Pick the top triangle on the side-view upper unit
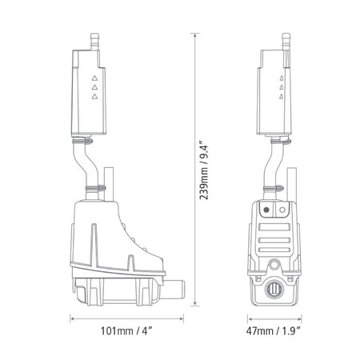point(94,78)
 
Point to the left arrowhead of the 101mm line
point(73,317)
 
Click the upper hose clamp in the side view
point(82,141)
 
